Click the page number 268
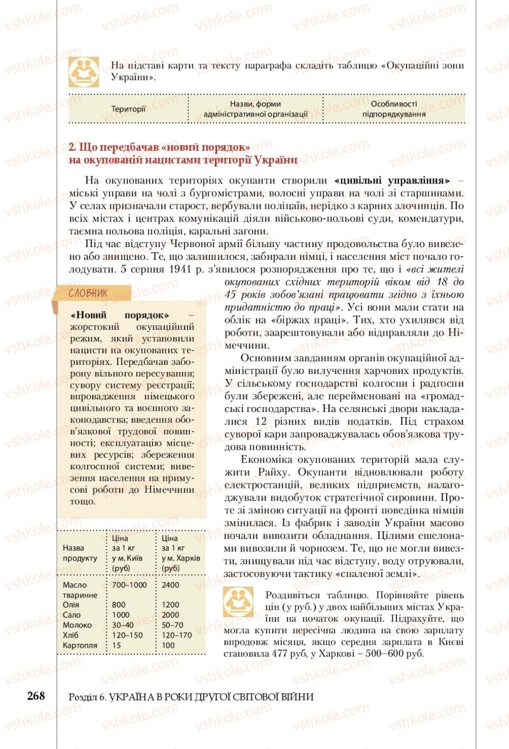click(x=36, y=695)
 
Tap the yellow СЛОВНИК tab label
click(x=90, y=293)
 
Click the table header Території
click(x=128, y=109)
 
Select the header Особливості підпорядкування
click(x=393, y=109)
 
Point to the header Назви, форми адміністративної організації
click(x=254, y=109)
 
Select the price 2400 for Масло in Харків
click(x=171, y=585)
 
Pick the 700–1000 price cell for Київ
click(x=129, y=585)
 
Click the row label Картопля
click(x=80, y=645)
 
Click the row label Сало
click(x=72, y=615)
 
